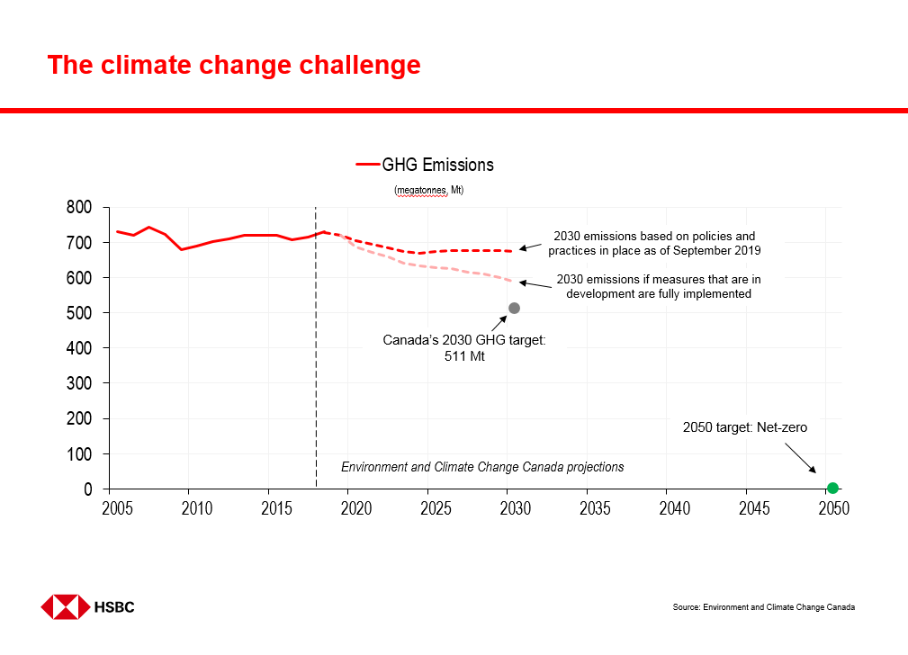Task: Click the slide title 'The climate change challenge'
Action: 233,66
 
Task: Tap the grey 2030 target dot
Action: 514,308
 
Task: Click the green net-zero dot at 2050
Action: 832,488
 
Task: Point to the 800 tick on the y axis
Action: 79,208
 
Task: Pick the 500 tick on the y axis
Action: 79,313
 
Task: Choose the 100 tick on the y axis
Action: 79,454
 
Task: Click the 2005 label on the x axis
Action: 118,509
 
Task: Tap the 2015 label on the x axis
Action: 277,509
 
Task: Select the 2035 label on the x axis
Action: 595,509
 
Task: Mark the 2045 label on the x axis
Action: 754,509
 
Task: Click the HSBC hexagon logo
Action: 66,606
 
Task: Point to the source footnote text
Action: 763,607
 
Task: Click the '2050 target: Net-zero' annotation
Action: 745,428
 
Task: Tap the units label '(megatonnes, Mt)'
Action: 428,191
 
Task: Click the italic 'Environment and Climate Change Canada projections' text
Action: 482,467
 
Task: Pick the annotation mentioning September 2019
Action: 654,243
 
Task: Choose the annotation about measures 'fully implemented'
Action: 659,286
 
